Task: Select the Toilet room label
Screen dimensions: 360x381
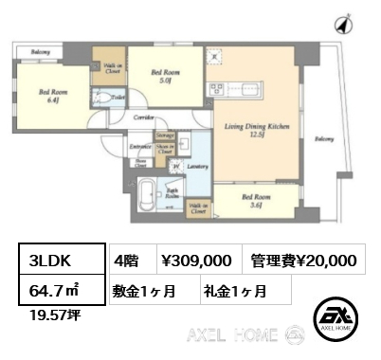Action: [x=118, y=96]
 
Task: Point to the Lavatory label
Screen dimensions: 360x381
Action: [x=197, y=166]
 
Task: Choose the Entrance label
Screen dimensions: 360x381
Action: [x=140, y=147]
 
